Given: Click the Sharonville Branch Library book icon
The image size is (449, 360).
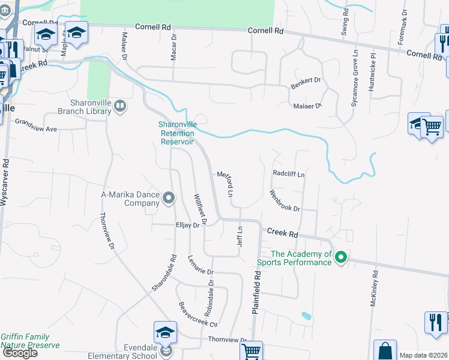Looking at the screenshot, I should pos(120,106).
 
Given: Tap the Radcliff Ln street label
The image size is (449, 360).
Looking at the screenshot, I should pos(289,174).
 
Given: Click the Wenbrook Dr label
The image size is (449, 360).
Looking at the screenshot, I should pos(284,200).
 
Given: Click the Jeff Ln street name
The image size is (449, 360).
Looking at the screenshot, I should pos(240,236).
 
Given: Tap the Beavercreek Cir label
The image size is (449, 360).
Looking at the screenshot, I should pos(197,314).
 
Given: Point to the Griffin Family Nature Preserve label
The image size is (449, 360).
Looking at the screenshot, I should pos(29,341).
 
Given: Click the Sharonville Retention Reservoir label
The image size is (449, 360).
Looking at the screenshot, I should pos(176,133).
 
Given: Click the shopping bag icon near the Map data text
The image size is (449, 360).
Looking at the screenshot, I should pos(385,351).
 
